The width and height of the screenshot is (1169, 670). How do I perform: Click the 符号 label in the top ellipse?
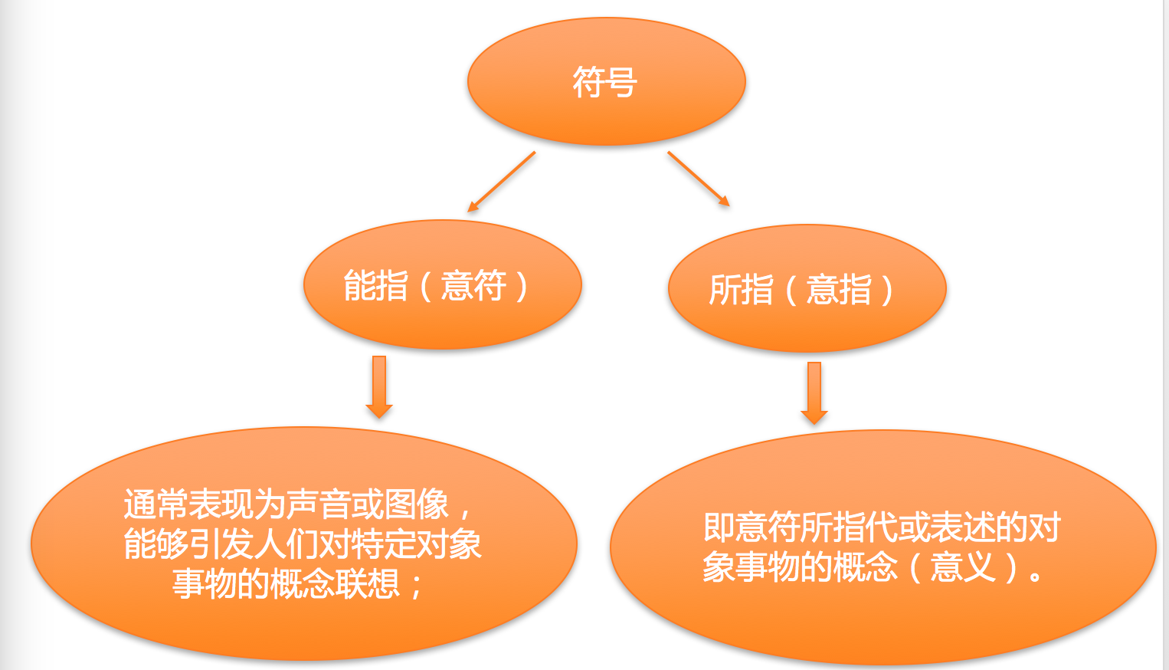(604, 82)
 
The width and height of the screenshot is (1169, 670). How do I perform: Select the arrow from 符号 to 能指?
(501, 182)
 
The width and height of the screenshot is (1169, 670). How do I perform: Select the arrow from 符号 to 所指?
(698, 179)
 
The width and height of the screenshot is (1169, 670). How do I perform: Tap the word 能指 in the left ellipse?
(375, 286)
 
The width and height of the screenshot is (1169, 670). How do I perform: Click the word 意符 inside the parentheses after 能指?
(473, 286)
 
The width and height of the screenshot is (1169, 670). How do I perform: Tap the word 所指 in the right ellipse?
(741, 290)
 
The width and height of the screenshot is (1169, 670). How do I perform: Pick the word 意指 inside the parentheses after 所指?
(839, 290)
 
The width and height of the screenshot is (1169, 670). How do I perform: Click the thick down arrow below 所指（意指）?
(814, 392)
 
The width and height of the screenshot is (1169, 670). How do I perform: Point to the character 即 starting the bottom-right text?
(719, 527)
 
